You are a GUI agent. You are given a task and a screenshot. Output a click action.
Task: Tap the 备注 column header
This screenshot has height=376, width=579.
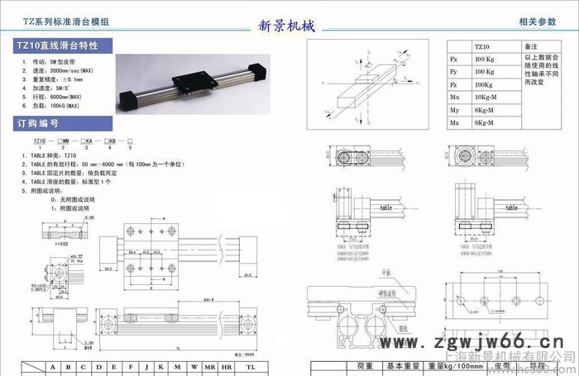click(x=532, y=48)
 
